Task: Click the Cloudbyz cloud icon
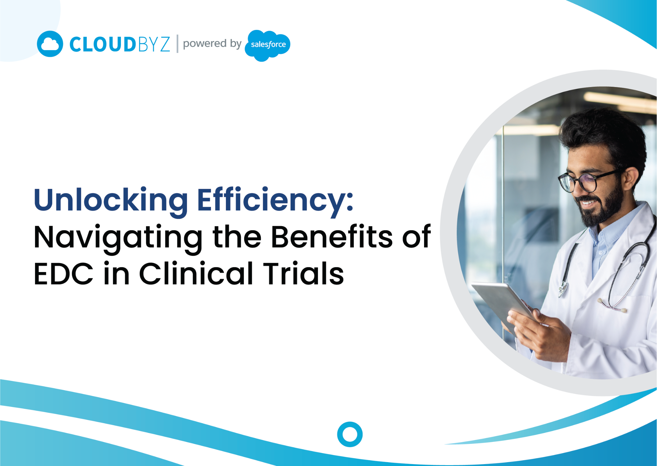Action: point(50,44)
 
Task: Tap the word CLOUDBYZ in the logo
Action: point(119,44)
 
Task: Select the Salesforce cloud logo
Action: point(268,45)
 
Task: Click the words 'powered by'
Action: point(212,43)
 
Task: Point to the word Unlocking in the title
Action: point(111,200)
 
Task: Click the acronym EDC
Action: point(64,274)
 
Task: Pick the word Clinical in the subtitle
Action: point(196,274)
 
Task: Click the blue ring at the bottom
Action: point(350,434)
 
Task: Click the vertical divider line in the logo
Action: point(177,44)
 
